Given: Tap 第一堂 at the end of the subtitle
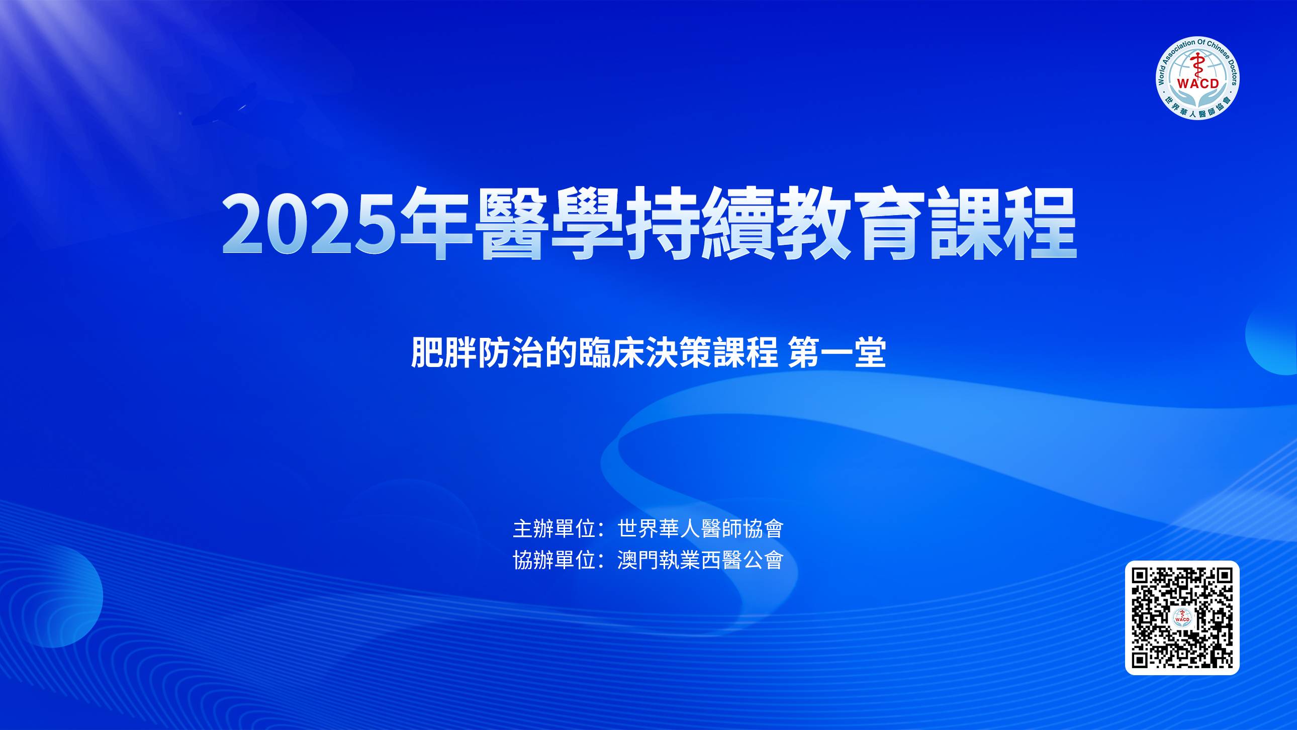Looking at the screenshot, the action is [x=837, y=353].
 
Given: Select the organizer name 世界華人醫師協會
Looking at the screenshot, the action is [x=700, y=528].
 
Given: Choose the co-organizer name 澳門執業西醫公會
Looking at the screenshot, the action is [x=700, y=560].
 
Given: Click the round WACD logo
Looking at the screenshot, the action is [x=1198, y=77].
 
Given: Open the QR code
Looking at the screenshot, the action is [x=1182, y=618].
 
